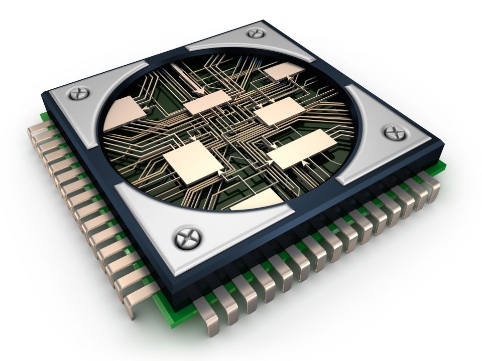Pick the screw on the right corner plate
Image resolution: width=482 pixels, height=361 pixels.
(x=393, y=133)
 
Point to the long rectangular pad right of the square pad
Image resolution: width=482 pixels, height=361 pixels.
(x=302, y=148)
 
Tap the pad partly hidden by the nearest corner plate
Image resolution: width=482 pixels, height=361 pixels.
(x=256, y=201)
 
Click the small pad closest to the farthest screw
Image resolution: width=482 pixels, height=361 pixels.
(x=282, y=72)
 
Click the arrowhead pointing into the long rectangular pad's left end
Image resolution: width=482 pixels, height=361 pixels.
(x=272, y=146)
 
